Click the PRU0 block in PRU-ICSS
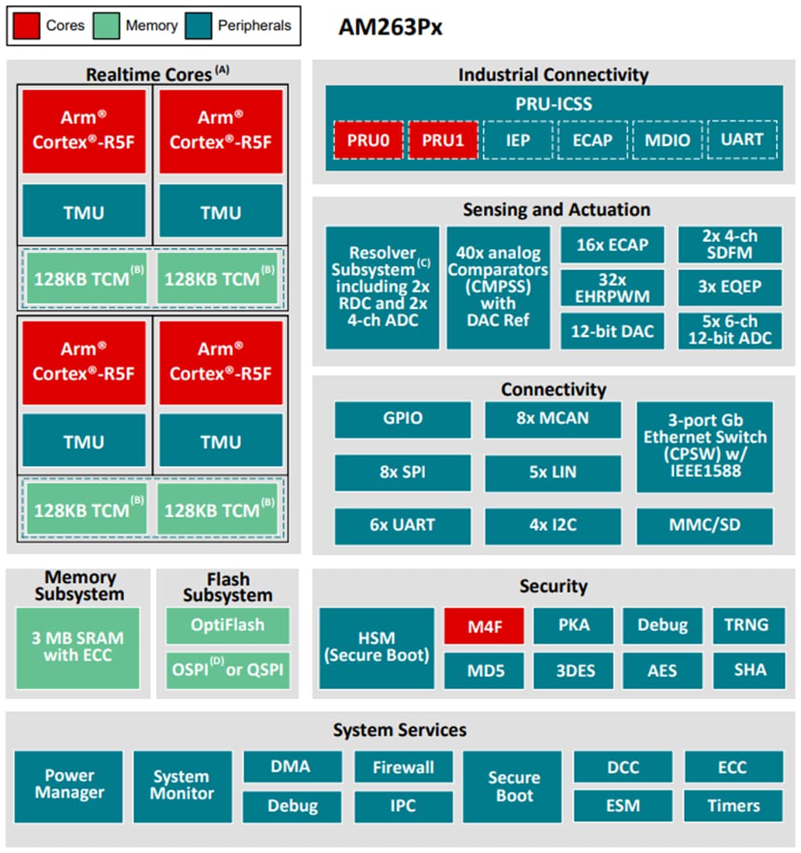point(368,140)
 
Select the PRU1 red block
point(443,140)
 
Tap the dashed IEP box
point(518,140)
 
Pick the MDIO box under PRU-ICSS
point(667,140)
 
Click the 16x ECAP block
point(613,245)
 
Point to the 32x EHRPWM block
point(613,288)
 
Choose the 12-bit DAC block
point(613,331)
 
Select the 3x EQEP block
point(730,288)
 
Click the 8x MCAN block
point(553,419)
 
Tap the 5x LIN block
point(553,472)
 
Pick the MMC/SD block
point(704,526)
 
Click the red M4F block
point(484,626)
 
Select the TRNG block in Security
point(746,626)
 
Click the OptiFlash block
point(227,625)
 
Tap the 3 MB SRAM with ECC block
point(78,648)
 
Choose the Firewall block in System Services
point(403,768)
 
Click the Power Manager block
point(69,785)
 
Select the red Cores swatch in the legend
point(27,26)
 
